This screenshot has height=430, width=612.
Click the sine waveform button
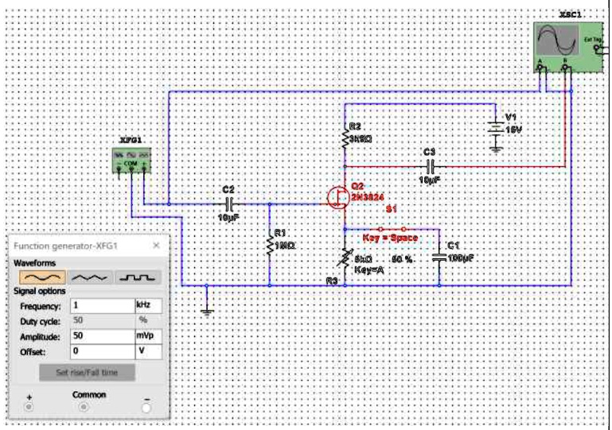39,277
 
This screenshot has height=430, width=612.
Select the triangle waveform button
90,277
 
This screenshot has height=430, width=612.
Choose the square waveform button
138,277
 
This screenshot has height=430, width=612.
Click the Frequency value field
101,305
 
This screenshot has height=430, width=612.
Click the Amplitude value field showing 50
101,336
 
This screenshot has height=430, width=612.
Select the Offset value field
101,351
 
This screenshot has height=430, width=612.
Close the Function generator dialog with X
156,246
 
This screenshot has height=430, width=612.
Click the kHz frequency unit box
148,305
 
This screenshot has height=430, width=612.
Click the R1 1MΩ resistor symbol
270,246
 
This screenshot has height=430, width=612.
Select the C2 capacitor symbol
228,203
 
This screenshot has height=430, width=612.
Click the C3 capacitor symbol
430,166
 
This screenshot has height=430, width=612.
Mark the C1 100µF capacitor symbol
439,258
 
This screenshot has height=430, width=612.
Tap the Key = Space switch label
390,238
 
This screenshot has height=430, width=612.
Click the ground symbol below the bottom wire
207,311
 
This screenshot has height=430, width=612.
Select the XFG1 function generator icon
132,161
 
